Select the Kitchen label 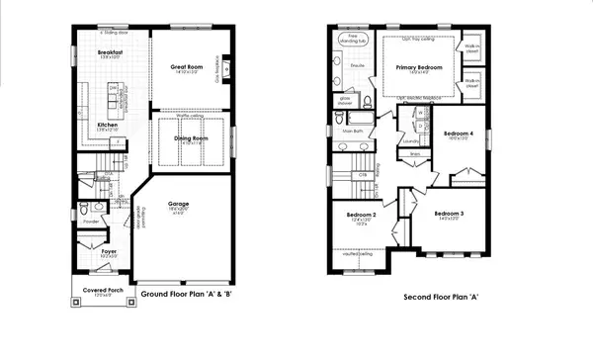coord(108,124)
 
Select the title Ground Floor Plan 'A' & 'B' coord(186,295)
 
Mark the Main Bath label coord(352,130)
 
